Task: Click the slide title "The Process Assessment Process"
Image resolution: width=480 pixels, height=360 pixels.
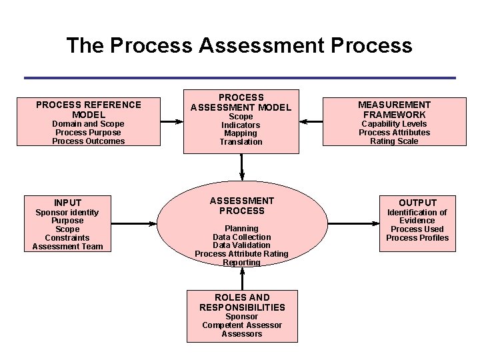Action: [239, 45]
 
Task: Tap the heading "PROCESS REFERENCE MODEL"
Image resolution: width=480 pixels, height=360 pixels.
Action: [89, 109]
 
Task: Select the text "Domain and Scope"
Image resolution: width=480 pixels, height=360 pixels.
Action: [89, 124]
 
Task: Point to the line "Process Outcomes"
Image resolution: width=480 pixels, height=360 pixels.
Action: [89, 141]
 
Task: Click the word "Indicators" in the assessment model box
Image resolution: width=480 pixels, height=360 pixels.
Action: [241, 125]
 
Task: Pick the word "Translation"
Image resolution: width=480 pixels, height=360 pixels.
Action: [241, 142]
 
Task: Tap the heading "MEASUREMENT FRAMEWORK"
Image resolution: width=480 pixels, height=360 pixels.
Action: [394, 109]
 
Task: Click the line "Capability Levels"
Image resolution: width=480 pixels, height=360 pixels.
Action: [394, 124]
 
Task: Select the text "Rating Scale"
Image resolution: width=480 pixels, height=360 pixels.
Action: [394, 141]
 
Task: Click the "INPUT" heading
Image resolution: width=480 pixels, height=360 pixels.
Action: [68, 203]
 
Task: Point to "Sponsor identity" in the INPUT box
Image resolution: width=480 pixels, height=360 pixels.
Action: [67, 213]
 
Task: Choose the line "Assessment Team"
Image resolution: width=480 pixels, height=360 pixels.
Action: [68, 247]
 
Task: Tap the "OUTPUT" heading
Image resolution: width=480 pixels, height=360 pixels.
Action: [417, 203]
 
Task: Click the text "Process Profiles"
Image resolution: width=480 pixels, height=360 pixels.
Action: [417, 238]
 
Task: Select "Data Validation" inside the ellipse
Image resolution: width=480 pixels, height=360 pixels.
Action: [241, 245]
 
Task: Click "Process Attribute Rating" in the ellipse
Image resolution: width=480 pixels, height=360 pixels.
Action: [241, 254]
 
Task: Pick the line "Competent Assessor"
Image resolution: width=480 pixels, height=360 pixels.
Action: [242, 325]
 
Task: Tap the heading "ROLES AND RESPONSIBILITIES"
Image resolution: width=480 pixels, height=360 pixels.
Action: [242, 302]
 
